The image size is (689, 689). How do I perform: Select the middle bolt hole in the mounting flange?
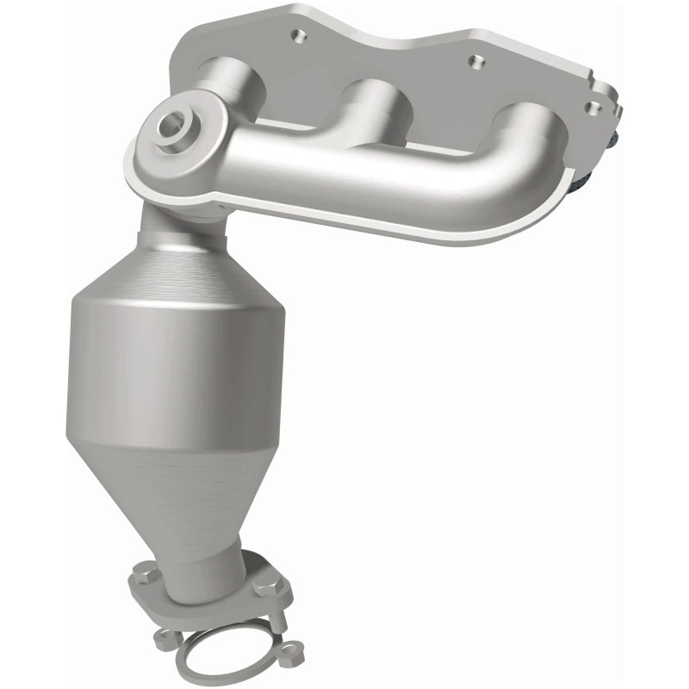point(471,61)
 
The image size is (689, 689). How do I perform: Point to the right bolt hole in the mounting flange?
point(592,106)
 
